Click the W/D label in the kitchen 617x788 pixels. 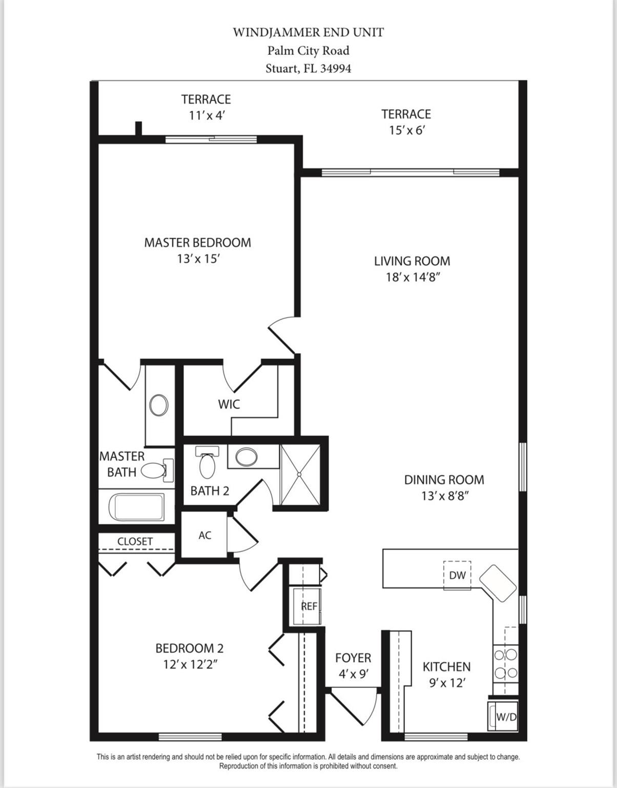(506, 717)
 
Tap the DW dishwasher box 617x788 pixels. (457, 575)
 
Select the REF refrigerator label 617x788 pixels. (309, 606)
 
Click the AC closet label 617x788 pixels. (205, 535)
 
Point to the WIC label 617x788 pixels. (229, 404)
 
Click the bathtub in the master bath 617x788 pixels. (139, 507)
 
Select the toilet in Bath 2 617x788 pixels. (208, 463)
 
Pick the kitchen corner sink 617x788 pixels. (498, 583)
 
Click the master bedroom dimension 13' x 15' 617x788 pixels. (198, 259)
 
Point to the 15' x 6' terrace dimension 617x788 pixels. (407, 130)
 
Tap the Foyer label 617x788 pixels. (353, 658)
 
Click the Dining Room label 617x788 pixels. (444, 480)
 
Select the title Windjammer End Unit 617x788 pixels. (308, 32)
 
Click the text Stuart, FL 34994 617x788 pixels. (308, 68)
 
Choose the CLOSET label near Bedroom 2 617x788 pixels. (135, 541)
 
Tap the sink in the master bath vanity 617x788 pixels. (159, 405)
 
